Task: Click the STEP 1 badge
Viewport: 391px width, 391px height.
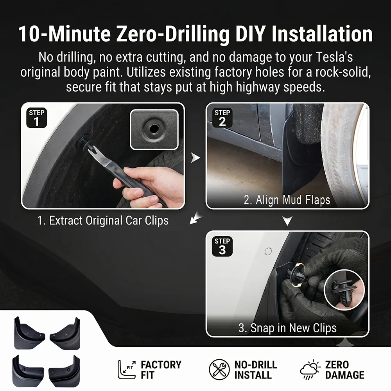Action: click(37, 118)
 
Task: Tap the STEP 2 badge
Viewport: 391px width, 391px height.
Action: click(222, 118)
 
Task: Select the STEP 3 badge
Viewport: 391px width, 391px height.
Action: click(222, 247)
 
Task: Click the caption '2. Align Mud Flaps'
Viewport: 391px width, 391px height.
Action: click(287, 200)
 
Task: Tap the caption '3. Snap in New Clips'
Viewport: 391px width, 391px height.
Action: click(287, 328)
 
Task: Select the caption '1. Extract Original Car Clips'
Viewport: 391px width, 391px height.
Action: click(103, 221)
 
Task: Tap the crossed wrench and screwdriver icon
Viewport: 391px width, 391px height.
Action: click(219, 369)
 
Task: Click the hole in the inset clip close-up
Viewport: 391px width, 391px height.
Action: click(154, 129)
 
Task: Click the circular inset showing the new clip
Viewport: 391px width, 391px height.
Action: click(344, 290)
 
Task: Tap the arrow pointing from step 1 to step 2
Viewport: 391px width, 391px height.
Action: click(195, 158)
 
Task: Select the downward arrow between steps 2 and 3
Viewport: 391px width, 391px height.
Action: click(287, 221)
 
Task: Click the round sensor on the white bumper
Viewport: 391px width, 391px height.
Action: click(268, 251)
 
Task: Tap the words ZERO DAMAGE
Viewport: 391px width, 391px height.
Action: click(344, 370)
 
